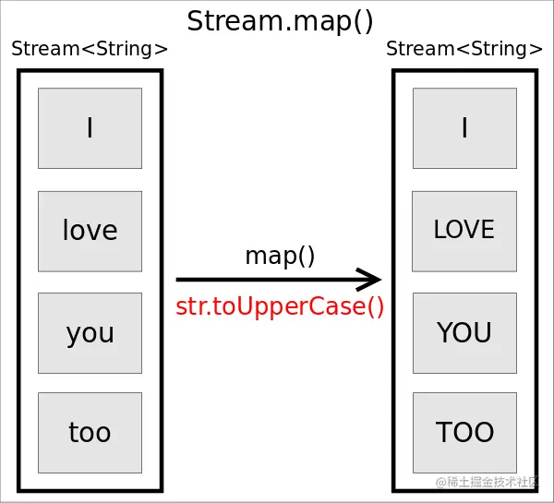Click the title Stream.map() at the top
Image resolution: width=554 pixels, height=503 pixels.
(280, 20)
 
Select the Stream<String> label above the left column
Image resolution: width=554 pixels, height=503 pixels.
(90, 50)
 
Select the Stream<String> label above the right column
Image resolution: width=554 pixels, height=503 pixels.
(464, 50)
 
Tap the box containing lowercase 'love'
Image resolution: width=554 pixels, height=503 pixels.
(90, 231)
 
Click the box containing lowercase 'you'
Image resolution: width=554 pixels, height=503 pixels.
(90, 333)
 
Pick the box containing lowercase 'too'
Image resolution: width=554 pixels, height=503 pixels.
(90, 433)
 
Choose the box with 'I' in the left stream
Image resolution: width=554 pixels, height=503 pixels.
(90, 128)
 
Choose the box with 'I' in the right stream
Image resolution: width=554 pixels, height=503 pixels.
(464, 128)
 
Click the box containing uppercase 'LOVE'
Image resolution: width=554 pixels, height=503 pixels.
(464, 231)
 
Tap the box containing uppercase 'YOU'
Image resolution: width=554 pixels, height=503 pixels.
(464, 333)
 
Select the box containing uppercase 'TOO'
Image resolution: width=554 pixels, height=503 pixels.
(464, 433)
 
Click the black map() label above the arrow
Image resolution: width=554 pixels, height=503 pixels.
(280, 256)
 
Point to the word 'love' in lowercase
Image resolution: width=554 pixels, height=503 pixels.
(90, 231)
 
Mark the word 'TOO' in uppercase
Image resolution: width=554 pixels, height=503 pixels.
(464, 433)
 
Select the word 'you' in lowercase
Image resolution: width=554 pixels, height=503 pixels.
(90, 333)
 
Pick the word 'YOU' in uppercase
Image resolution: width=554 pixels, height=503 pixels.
(464, 333)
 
